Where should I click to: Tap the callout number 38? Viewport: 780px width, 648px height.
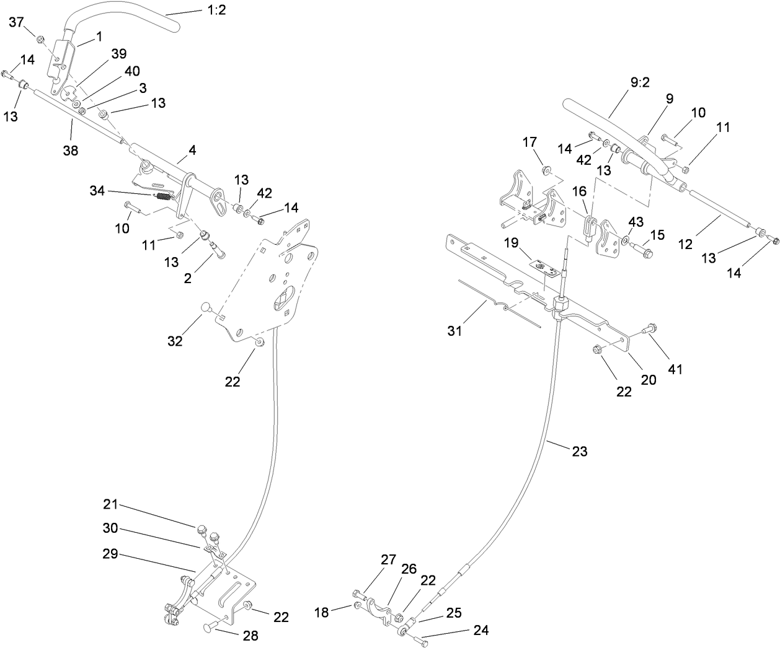click(71, 149)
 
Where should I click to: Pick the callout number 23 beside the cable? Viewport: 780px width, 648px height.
click(579, 452)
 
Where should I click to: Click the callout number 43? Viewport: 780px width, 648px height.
click(636, 221)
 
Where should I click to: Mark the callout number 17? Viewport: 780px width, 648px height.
click(530, 143)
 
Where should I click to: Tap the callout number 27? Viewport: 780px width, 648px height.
click(388, 559)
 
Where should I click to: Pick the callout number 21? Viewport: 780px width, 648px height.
click(110, 505)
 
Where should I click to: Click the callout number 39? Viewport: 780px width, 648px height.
click(118, 55)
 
